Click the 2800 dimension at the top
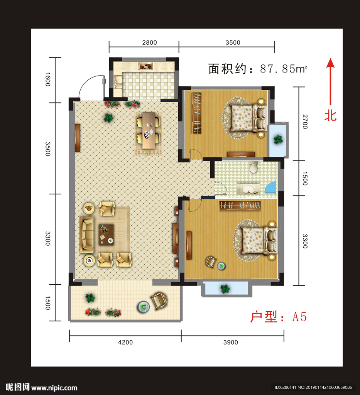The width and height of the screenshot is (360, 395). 149,42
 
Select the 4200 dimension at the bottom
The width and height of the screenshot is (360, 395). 125,343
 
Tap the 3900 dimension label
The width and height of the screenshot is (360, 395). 230,343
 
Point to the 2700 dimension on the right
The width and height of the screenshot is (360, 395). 305,122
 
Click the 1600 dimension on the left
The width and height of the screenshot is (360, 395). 47,79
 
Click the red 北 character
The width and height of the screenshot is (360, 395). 330,116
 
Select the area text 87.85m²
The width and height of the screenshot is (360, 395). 284,69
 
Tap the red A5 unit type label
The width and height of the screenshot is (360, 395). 299,317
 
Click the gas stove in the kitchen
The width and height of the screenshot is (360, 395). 146,66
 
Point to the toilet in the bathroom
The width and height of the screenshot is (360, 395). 254,167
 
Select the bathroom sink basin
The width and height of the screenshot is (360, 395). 248,189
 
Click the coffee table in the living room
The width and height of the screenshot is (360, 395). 106,235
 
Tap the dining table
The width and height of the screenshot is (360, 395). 149,130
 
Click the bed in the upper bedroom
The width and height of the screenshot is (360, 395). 248,118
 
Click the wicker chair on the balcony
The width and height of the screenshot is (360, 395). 159,300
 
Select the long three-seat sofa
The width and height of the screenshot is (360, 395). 86,235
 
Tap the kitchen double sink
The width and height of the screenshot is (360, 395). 118,82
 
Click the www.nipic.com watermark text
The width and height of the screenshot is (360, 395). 54,388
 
